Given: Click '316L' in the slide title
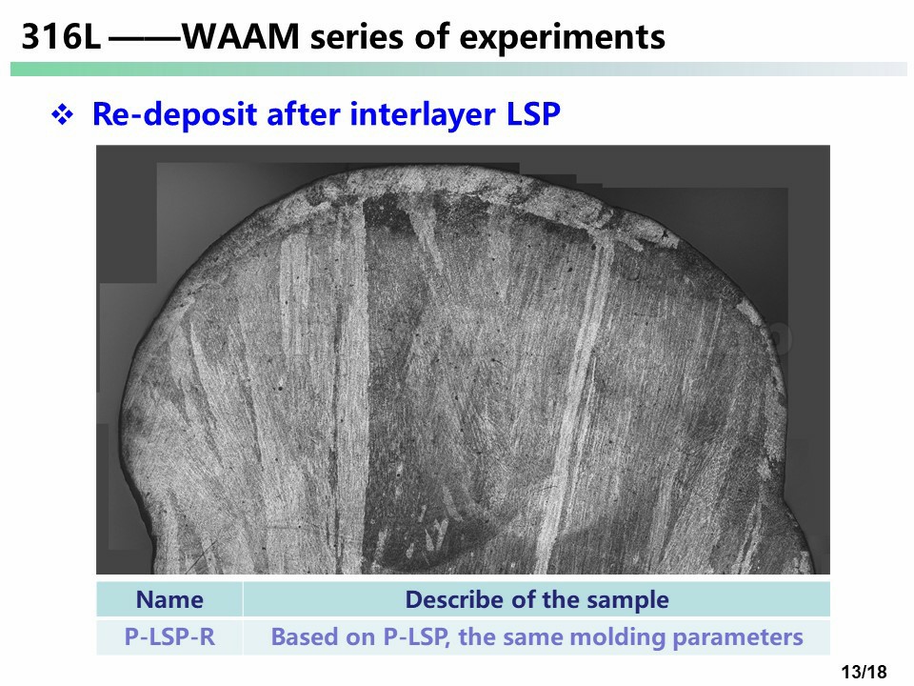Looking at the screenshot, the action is pos(61,36).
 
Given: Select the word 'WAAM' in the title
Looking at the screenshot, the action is pos(241,36).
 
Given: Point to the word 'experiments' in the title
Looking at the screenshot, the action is pos(562,38).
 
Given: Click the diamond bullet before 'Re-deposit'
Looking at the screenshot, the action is pos(63,113).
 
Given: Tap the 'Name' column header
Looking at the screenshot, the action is pos(169,599).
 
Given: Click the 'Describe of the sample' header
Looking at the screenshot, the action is pos(537,599).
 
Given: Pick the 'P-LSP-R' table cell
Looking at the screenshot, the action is pos(169,637).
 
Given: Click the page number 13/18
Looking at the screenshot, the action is pos(864,672).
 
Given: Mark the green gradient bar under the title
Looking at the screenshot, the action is pos(458,69).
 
